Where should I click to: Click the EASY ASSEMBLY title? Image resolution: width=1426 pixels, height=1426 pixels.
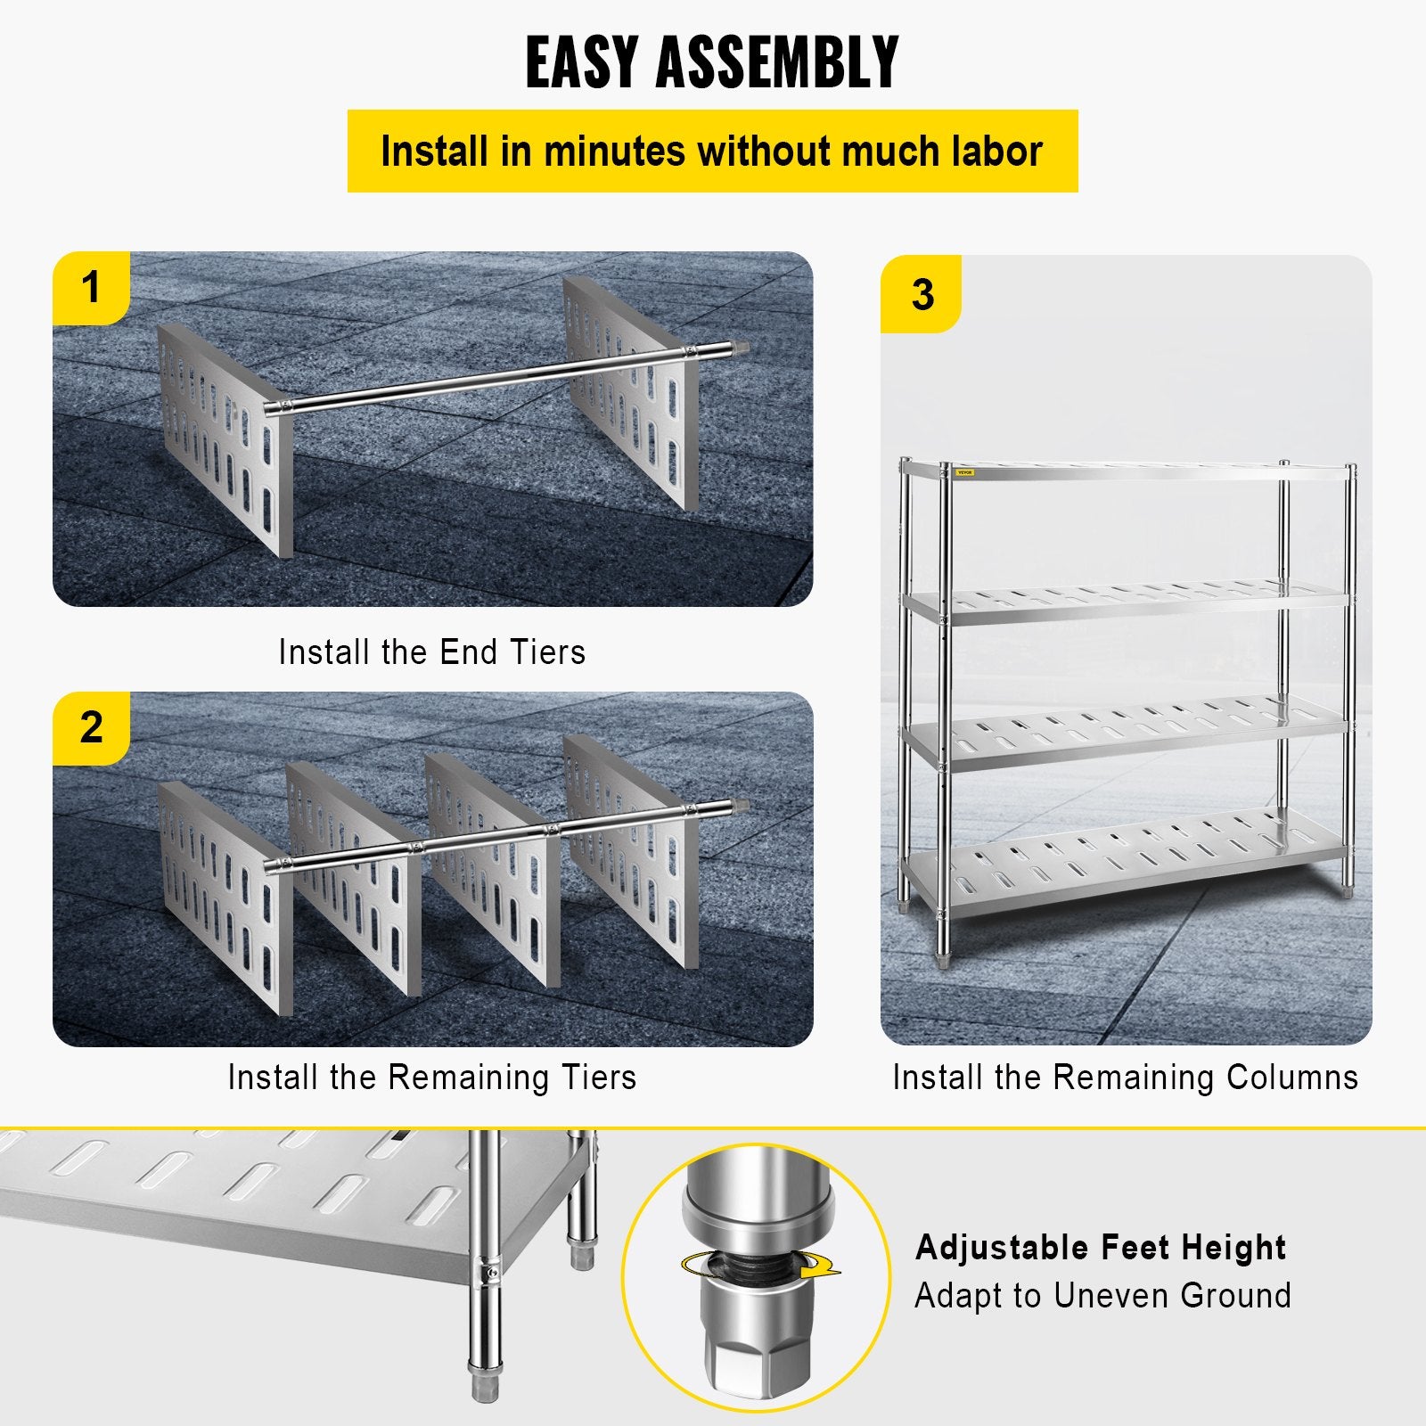[712, 61]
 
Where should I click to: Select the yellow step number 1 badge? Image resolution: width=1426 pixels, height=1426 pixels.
[91, 288]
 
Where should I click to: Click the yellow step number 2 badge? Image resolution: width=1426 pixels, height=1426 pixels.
[91, 728]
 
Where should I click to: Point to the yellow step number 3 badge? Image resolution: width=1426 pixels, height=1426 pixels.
[922, 294]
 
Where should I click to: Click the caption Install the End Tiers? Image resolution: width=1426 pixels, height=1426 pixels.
[432, 652]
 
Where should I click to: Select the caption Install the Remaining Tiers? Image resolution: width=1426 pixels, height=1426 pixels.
[432, 1078]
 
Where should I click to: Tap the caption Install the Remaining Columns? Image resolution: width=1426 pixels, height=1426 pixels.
[1125, 1078]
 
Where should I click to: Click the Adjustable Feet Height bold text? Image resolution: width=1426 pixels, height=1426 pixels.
[1101, 1247]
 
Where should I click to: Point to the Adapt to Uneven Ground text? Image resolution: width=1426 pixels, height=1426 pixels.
[1102, 1295]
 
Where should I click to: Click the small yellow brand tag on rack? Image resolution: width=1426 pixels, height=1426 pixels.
[964, 472]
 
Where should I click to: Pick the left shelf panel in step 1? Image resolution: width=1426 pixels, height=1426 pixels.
[223, 437]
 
